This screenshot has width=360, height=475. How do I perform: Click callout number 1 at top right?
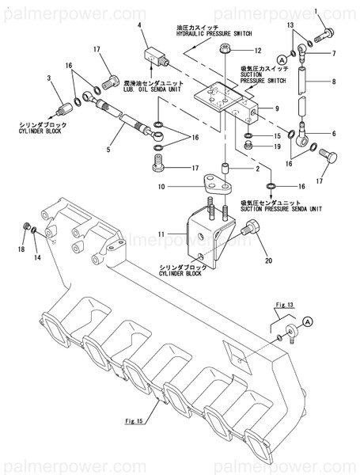coord(316,11)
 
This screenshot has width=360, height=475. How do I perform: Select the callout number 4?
coord(140,26)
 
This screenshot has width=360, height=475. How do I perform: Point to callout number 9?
coord(278,108)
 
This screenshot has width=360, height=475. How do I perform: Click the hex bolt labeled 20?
coord(252,230)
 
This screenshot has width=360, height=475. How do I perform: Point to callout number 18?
coord(22,248)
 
